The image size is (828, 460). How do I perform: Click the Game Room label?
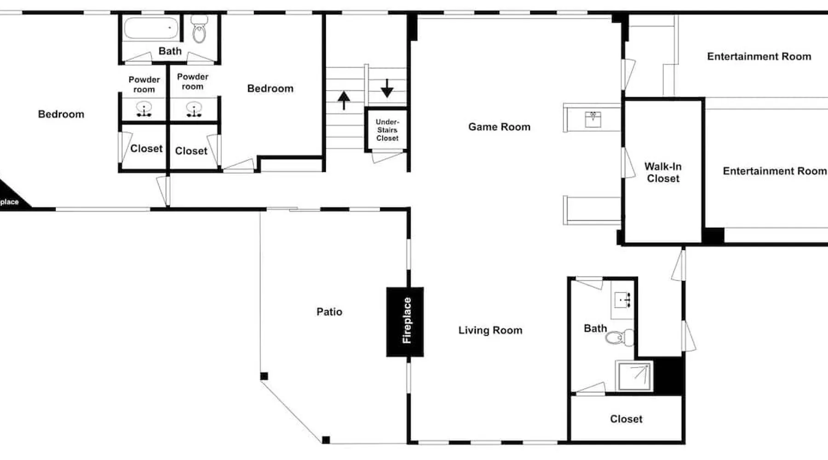click(499, 127)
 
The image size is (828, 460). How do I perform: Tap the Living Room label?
click(490, 330)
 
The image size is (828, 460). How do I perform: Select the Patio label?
click(329, 312)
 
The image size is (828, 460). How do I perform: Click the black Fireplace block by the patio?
click(405, 322)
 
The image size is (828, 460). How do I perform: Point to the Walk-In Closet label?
click(663, 172)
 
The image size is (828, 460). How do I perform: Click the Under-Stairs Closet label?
click(387, 130)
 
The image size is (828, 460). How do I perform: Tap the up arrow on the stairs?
click(344, 100)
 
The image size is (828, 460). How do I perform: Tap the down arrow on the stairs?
click(387, 88)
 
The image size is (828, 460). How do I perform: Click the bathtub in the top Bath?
click(151, 29)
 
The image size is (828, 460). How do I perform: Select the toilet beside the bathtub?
click(199, 29)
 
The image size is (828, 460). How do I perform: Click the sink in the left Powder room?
click(144, 109)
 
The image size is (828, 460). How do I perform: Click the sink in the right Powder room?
click(194, 109)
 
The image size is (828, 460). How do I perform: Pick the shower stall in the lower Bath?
click(634, 376)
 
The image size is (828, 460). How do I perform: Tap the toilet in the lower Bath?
click(619, 338)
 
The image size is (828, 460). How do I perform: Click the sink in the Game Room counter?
click(593, 119)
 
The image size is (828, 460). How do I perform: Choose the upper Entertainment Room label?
click(759, 57)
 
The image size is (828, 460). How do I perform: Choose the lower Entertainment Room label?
click(775, 171)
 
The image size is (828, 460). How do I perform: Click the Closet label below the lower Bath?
click(626, 419)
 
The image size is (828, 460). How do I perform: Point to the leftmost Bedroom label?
click(61, 114)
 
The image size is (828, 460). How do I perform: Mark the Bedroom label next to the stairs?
click(270, 88)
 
